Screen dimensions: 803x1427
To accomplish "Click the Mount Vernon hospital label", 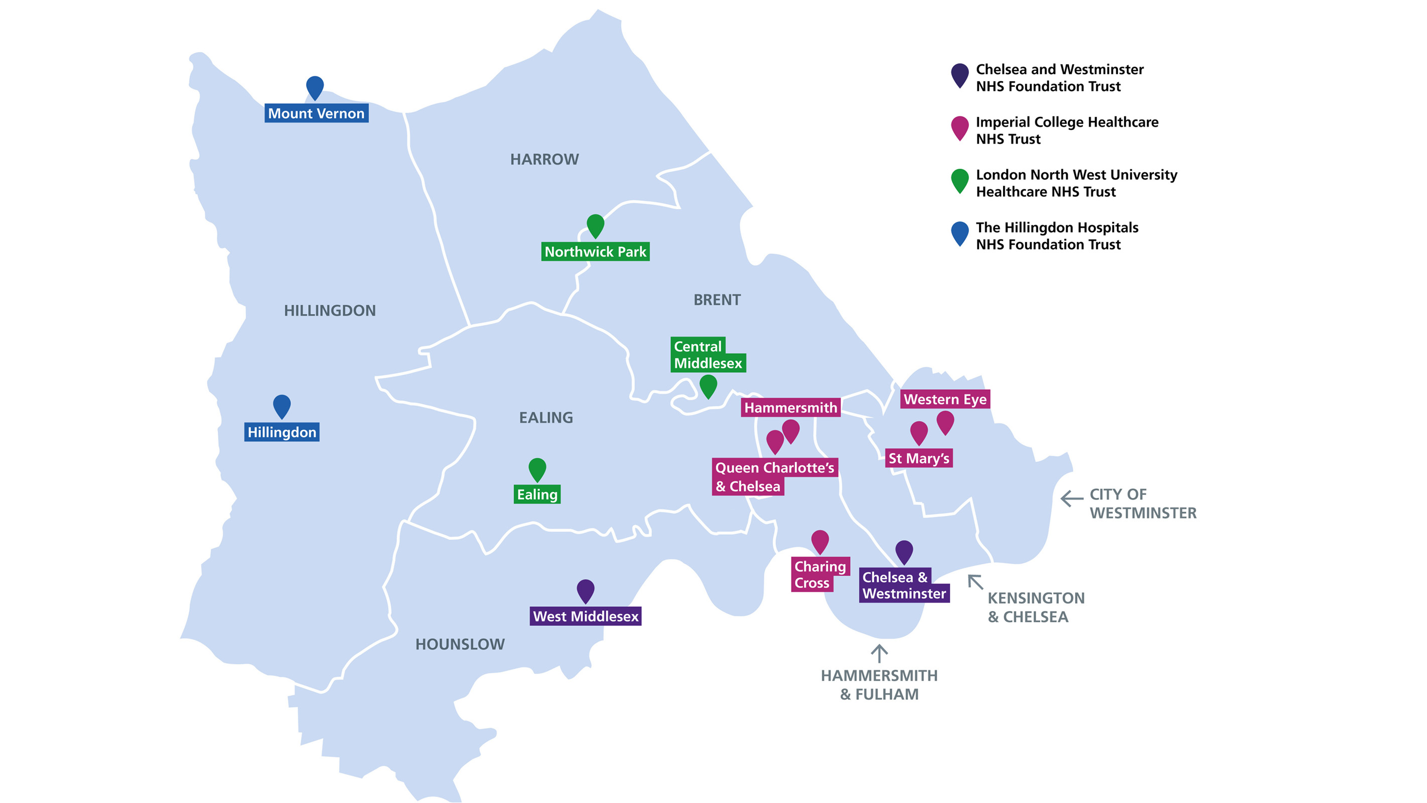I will [316, 113].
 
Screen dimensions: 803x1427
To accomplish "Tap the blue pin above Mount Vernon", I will [315, 87].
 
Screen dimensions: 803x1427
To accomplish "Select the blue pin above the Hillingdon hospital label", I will [281, 405].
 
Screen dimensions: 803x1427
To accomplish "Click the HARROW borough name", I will [544, 160].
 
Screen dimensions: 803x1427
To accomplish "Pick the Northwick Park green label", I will [595, 251].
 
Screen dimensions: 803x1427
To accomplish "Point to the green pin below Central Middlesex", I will [708, 385].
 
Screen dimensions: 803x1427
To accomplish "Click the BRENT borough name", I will [717, 300].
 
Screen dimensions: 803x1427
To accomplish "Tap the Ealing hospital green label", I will [537, 494].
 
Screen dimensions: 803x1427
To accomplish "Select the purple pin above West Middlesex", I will [586, 590].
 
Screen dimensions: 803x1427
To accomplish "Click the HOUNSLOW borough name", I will [460, 644].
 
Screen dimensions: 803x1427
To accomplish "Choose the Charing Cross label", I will [819, 574].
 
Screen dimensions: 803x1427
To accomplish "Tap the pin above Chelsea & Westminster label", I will [904, 551].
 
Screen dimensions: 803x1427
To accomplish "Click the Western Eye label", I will [944, 399].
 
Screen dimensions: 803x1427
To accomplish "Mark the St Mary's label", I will [918, 458].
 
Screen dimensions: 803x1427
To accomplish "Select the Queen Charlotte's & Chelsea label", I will [774, 477].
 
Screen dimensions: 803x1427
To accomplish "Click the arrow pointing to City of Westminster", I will [1071, 498].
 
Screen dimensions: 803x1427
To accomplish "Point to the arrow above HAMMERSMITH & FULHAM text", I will [879, 653].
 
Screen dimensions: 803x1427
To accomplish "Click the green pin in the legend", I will [959, 180].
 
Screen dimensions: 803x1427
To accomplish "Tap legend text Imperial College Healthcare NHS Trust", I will [1066, 130].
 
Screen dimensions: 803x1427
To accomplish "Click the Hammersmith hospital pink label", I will [790, 408].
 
